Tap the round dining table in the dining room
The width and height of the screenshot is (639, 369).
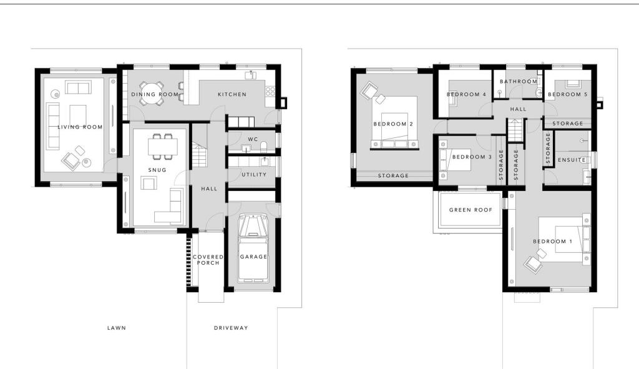(x=151, y=92)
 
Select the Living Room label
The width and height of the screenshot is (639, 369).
(x=80, y=127)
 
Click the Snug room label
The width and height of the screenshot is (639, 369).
(x=157, y=170)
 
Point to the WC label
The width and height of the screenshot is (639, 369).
(x=253, y=139)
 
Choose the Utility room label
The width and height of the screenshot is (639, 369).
(x=254, y=175)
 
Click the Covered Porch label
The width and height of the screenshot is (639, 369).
(x=208, y=260)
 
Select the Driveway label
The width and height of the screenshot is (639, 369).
(x=231, y=328)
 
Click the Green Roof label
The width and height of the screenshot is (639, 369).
(x=471, y=210)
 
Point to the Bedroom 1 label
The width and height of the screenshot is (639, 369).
(x=552, y=242)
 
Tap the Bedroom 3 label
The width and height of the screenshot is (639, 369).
(x=472, y=157)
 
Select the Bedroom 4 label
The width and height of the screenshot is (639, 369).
(x=466, y=95)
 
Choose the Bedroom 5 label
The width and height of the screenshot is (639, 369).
(x=567, y=95)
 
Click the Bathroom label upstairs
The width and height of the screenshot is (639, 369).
(x=519, y=82)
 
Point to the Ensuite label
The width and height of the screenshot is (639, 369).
(x=572, y=160)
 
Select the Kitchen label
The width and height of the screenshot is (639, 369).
(x=232, y=95)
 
